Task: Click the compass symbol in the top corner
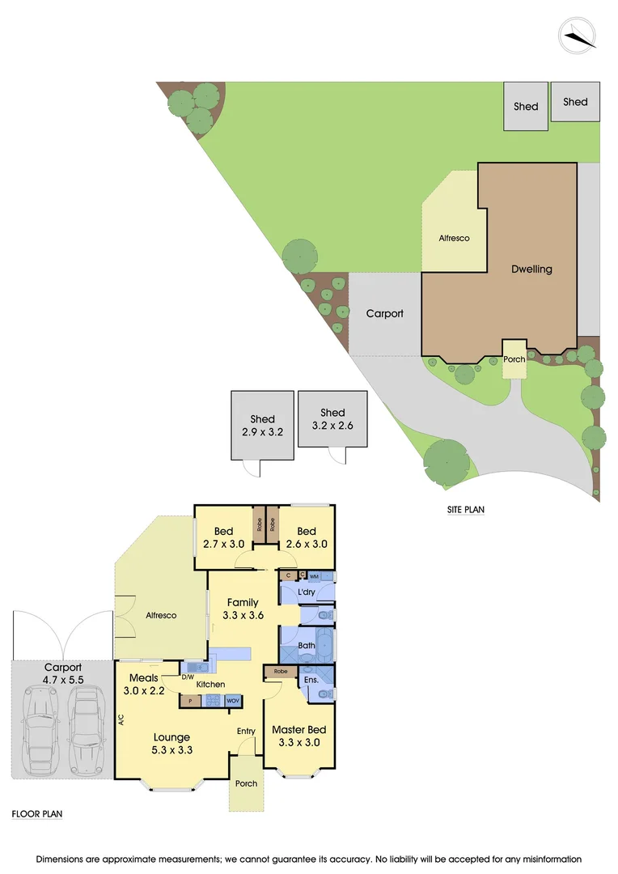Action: pyautogui.click(x=577, y=35)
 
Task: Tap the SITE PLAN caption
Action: pyautogui.click(x=466, y=510)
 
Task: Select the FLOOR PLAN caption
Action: pyautogui.click(x=37, y=814)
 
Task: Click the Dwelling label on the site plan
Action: pyautogui.click(x=531, y=269)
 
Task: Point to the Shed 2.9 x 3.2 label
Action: pyautogui.click(x=263, y=426)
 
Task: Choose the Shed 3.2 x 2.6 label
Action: pyautogui.click(x=332, y=418)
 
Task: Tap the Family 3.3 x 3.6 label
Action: pyautogui.click(x=242, y=609)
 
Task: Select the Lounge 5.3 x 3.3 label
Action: pyautogui.click(x=172, y=743)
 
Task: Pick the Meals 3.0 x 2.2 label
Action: pyautogui.click(x=143, y=685)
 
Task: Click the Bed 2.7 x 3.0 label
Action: pyautogui.click(x=223, y=538)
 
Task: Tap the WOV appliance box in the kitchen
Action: pyautogui.click(x=233, y=701)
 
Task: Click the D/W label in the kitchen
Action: pyautogui.click(x=188, y=677)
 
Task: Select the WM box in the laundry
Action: pyautogui.click(x=314, y=575)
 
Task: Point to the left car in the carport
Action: pyautogui.click(x=40, y=728)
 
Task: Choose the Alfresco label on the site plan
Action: pyautogui.click(x=454, y=239)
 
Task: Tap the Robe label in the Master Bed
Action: pyautogui.click(x=281, y=672)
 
